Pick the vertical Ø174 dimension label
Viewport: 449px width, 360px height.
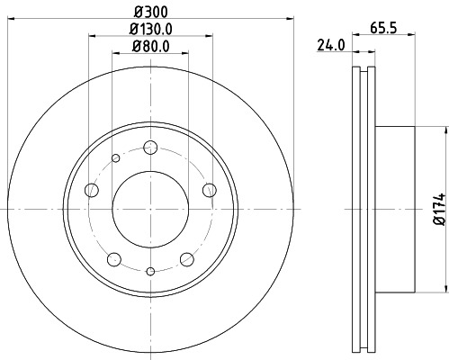[438, 209]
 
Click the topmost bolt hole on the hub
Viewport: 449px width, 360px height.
[150, 148]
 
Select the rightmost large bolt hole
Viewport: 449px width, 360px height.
[210, 189]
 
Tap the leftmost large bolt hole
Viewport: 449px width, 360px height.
[91, 190]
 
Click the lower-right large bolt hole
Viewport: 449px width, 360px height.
[187, 259]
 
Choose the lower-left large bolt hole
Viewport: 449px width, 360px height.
[113, 259]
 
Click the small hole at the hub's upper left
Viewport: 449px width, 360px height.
[115, 159]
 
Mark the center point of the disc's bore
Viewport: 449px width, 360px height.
[150, 209]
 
